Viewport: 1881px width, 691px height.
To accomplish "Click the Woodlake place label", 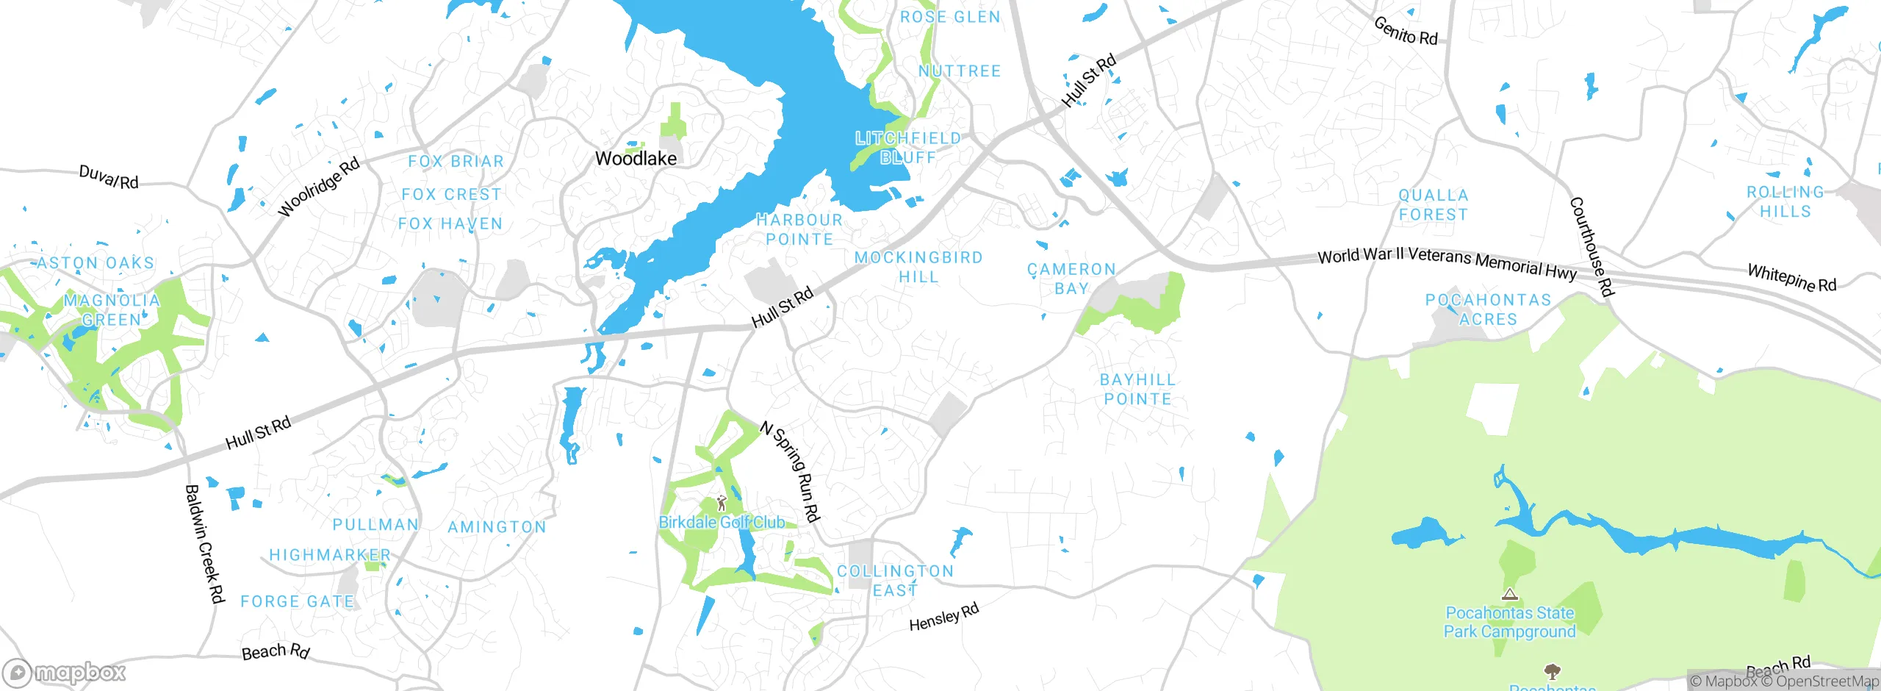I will [636, 158].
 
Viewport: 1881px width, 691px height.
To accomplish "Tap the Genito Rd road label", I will [1405, 32].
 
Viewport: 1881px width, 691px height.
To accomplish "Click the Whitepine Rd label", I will [1791, 278].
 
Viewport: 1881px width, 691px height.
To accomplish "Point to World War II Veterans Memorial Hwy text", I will [1447, 262].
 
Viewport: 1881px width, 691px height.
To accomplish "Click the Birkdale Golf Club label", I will [722, 523].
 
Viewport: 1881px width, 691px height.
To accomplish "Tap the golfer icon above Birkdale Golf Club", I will [722, 503].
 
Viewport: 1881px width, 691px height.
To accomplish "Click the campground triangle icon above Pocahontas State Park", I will [1510, 594].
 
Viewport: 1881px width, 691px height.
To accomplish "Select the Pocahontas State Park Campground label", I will [1510, 622].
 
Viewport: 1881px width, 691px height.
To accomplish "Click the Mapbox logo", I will [65, 673].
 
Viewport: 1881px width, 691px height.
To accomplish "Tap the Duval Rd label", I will [109, 177].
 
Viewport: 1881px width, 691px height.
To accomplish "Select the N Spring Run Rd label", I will [790, 471].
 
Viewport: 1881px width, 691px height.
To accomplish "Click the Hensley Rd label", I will [943, 617].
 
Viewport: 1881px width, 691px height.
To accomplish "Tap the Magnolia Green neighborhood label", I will [112, 309].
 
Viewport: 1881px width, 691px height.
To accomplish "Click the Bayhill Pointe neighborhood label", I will [1137, 389].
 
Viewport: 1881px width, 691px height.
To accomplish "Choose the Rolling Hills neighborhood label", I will [1785, 201].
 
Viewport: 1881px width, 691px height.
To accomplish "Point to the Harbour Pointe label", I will [799, 229].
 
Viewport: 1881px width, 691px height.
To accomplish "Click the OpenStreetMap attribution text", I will [1825, 681].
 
